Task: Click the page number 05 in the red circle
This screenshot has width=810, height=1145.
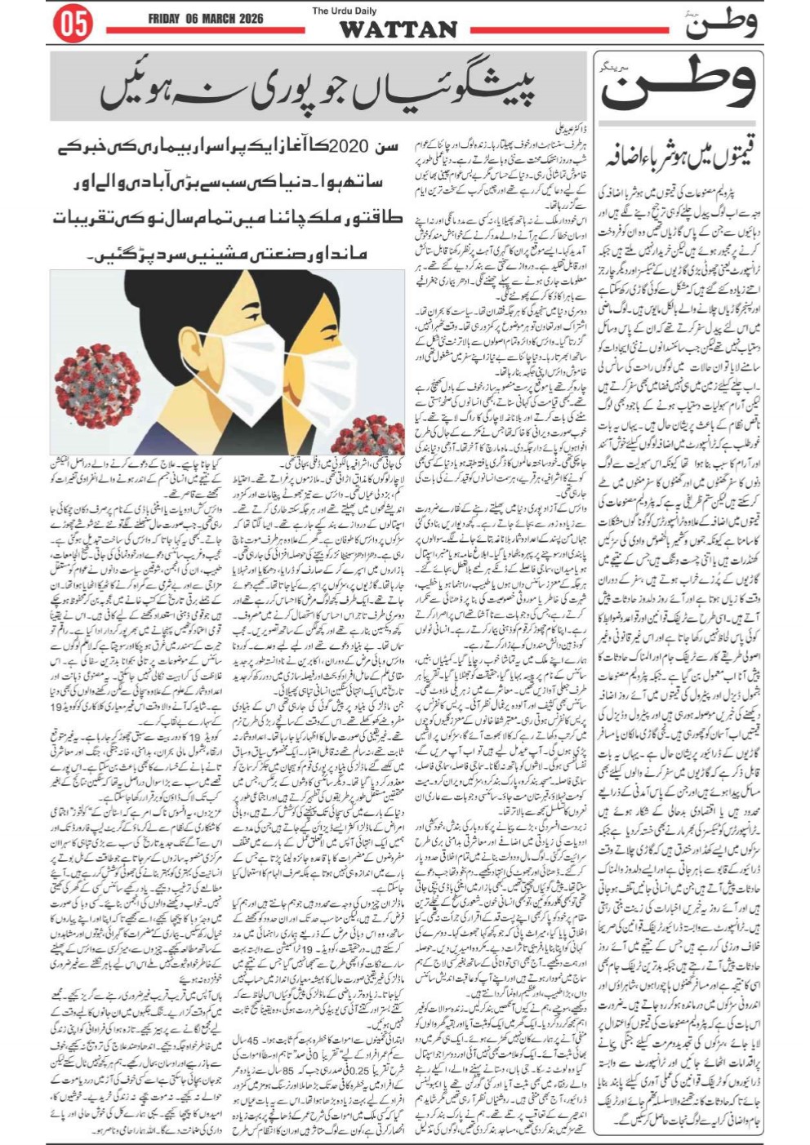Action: [73, 24]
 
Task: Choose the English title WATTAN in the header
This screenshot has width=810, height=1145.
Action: [398, 29]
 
